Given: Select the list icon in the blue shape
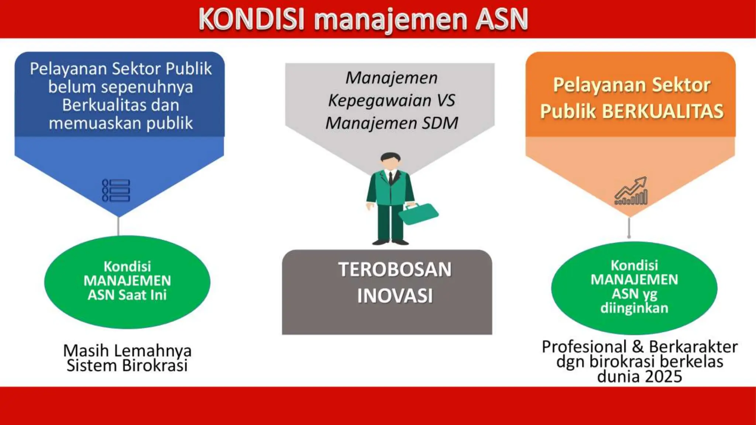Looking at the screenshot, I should point(116,191).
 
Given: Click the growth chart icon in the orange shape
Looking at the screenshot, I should point(631,191).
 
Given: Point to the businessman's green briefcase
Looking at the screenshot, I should point(418,214).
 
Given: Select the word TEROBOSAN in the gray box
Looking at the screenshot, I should point(395,270).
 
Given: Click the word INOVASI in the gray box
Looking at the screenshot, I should point(395,296).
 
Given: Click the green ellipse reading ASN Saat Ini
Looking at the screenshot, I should point(127,282).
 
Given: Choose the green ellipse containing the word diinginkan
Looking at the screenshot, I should point(634,288).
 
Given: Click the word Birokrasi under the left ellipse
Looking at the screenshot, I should point(155,366).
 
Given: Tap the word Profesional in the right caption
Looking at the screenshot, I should point(584,347).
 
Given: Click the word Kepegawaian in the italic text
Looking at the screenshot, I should point(379,101).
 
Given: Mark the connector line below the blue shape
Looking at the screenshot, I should point(118,226).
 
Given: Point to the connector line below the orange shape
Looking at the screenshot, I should point(629,228).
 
